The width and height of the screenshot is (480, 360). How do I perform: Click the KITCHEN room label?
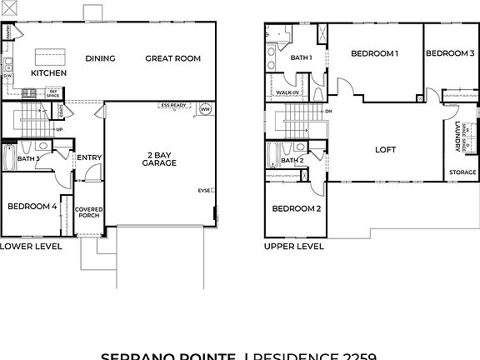[49, 73]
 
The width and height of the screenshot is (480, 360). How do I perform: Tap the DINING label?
[100, 58]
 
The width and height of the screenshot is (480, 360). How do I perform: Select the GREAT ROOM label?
[173, 58]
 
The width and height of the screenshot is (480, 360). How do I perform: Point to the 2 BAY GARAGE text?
[158, 158]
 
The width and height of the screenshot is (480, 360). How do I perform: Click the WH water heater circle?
[205, 108]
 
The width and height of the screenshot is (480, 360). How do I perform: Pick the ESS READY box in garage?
[177, 107]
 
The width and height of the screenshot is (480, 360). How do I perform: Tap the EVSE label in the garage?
[204, 191]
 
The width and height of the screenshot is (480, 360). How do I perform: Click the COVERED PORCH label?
[87, 212]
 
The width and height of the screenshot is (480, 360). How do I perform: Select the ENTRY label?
[88, 157]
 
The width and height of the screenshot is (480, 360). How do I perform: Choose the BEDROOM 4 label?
[32, 207]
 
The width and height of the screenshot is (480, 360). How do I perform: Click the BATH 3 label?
[28, 158]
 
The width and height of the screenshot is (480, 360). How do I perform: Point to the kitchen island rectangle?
[49, 56]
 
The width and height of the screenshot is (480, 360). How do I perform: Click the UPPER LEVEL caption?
[293, 247]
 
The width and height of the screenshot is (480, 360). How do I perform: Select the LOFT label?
[385, 150]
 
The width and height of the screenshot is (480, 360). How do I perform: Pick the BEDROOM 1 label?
[374, 53]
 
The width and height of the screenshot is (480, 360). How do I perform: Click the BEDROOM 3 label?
[450, 53]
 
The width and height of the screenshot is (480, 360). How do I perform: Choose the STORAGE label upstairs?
[462, 172]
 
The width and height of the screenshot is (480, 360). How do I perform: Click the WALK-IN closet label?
[288, 92]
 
